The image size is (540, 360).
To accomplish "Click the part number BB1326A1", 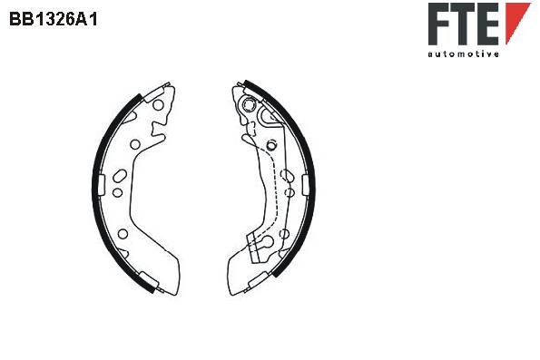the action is pos(54,19).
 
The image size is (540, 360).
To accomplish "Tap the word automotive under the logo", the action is pos(463,54).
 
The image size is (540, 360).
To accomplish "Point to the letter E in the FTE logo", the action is pos(487,24).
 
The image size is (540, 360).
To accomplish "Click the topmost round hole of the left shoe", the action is pos(158,105).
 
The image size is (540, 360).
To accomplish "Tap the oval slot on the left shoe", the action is pos(120,176).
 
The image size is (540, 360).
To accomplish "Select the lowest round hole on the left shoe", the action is pos(123,234).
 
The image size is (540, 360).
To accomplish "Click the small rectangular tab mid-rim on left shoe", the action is pos(101,185).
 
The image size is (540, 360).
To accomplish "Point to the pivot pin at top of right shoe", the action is pos(248,103).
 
